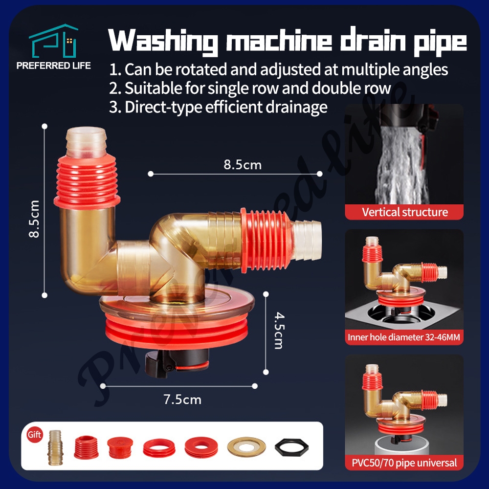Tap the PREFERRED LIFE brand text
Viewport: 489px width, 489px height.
coord(54,66)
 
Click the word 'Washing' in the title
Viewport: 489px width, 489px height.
coord(162,42)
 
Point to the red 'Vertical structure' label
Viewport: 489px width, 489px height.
coord(404,212)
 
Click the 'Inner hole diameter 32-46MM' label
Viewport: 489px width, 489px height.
coord(404,337)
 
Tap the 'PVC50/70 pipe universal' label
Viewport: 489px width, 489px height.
coord(404,462)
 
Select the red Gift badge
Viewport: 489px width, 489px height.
coord(35,435)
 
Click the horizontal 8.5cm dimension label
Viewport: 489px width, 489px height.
coord(243,165)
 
